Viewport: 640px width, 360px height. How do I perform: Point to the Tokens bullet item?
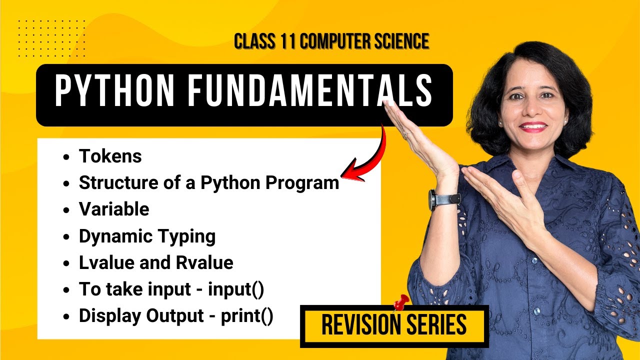[x=110, y=156]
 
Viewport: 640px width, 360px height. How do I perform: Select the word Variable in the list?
[x=114, y=209]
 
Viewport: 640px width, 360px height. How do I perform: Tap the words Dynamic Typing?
[x=147, y=236]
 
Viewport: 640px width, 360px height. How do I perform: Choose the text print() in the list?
[x=247, y=316]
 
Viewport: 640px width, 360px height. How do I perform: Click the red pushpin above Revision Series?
[x=400, y=302]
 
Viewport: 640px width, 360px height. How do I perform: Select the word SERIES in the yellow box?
[x=439, y=325]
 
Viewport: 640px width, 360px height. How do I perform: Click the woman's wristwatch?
[x=432, y=200]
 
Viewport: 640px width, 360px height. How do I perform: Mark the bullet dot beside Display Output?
[x=66, y=317]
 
